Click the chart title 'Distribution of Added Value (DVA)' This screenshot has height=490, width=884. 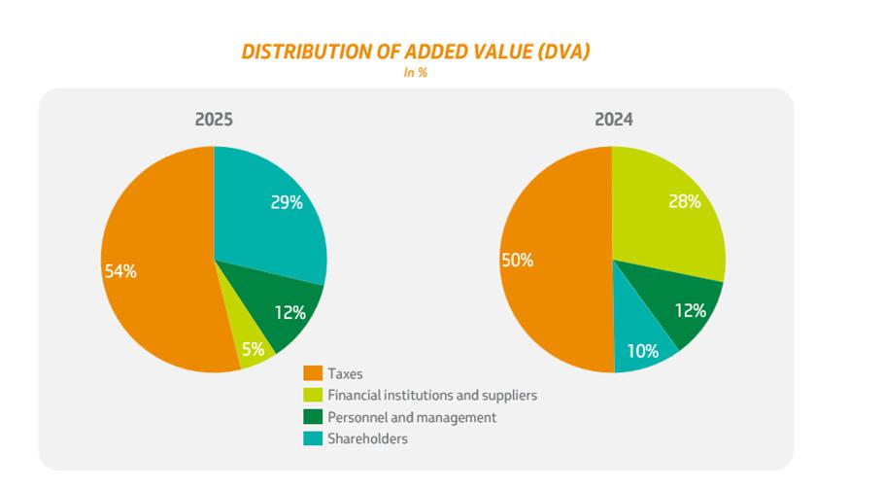click(415, 52)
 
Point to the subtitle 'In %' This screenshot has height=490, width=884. click(416, 73)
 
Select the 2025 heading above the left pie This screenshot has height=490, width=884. click(214, 120)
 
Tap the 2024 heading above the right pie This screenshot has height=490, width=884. click(613, 120)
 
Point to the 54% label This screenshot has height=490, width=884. click(120, 271)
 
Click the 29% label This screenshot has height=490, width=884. click(287, 202)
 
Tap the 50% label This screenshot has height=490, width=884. click(517, 260)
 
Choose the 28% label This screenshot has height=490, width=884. click(685, 201)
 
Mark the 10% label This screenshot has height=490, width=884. click(642, 350)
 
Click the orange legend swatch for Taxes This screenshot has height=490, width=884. click(313, 373)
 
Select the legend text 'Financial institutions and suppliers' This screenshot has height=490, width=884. click(431, 395)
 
